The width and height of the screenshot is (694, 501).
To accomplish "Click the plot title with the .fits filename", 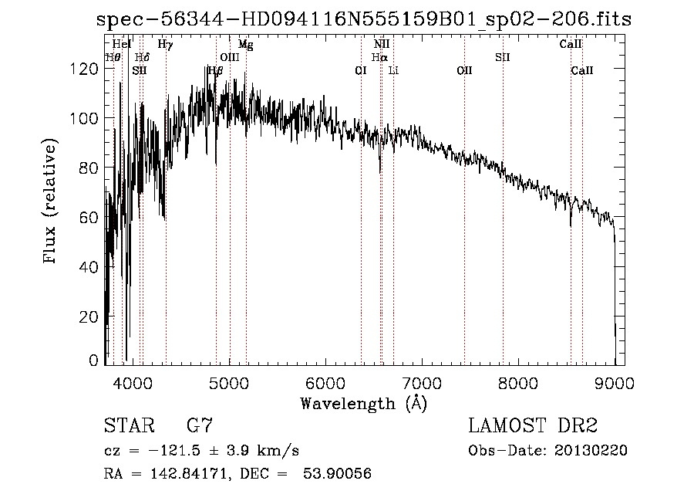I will [x=364, y=20].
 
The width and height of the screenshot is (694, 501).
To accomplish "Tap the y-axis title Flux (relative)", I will [x=52, y=202].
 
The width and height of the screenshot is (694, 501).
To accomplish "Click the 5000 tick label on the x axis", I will [x=229, y=382].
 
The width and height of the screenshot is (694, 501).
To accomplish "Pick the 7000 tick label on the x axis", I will [x=422, y=382].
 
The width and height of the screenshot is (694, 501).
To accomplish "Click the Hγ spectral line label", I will [x=165, y=45].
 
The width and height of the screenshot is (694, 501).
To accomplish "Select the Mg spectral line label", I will [x=245, y=45].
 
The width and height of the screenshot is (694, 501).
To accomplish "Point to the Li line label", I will [x=393, y=70].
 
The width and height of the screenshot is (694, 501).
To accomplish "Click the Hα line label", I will [x=379, y=57].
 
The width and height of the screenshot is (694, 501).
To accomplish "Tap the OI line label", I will [x=360, y=70].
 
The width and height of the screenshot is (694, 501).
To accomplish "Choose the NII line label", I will [x=381, y=45].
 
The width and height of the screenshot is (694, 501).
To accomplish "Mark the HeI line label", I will [x=122, y=45].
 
